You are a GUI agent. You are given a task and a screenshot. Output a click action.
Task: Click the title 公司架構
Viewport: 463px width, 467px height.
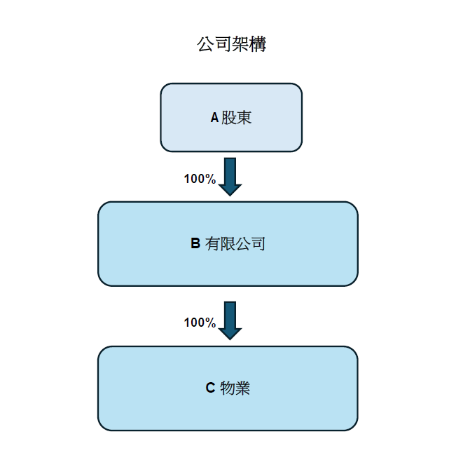coord(231,45)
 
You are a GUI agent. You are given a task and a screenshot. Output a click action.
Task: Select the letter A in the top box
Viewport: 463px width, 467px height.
coord(214,118)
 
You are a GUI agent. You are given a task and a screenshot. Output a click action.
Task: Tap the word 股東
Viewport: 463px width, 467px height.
coord(237,118)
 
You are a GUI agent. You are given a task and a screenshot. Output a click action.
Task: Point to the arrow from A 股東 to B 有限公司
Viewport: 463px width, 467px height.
coord(230,177)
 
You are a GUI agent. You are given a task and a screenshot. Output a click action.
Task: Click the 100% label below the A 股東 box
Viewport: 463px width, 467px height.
coord(200,179)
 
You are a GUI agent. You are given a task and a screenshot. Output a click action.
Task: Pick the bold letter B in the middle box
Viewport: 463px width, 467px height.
coord(195,244)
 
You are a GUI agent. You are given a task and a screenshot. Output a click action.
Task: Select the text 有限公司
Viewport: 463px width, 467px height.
coord(235,244)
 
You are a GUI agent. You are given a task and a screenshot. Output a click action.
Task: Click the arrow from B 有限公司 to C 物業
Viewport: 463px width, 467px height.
coord(230,320)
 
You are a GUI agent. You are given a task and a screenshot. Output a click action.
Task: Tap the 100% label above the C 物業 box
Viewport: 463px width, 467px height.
coord(200,323)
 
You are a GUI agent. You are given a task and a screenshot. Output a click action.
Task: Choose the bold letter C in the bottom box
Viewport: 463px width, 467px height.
coord(210,388)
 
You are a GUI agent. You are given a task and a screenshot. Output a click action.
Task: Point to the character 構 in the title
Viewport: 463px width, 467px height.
coord(258,45)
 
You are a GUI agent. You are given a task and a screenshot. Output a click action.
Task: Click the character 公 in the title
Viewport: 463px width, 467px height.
coord(205,45)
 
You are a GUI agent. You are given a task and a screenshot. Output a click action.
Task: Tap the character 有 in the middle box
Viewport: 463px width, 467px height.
coord(213,244)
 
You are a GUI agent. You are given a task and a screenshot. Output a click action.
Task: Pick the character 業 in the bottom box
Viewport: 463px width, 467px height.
coord(243,388)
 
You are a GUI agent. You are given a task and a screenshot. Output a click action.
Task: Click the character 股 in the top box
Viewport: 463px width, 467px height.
coord(229,118)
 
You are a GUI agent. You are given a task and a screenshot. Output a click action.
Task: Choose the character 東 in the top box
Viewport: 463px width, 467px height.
coord(244,118)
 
